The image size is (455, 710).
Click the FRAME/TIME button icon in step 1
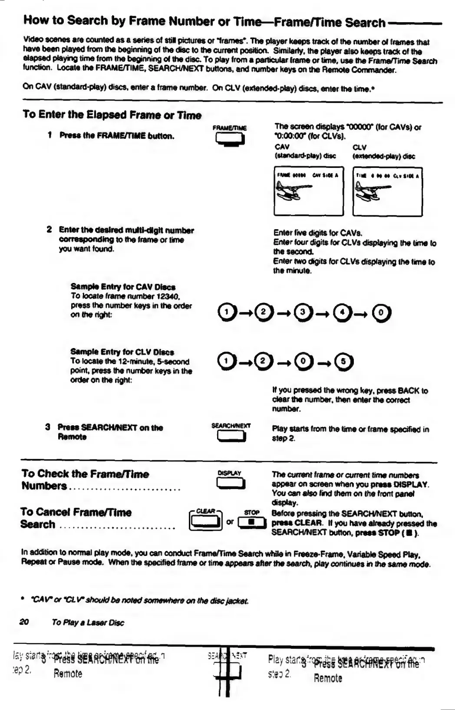click(229, 139)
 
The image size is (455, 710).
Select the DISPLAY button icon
click(230, 483)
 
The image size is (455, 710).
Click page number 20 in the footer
click(24, 622)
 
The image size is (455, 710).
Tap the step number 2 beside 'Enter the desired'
click(49, 230)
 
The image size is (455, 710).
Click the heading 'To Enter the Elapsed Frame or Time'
click(112, 115)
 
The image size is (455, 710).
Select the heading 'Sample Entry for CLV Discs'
click(122, 352)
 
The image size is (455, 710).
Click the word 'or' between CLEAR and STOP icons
click(230, 522)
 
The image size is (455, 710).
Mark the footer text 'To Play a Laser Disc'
click(88, 622)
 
